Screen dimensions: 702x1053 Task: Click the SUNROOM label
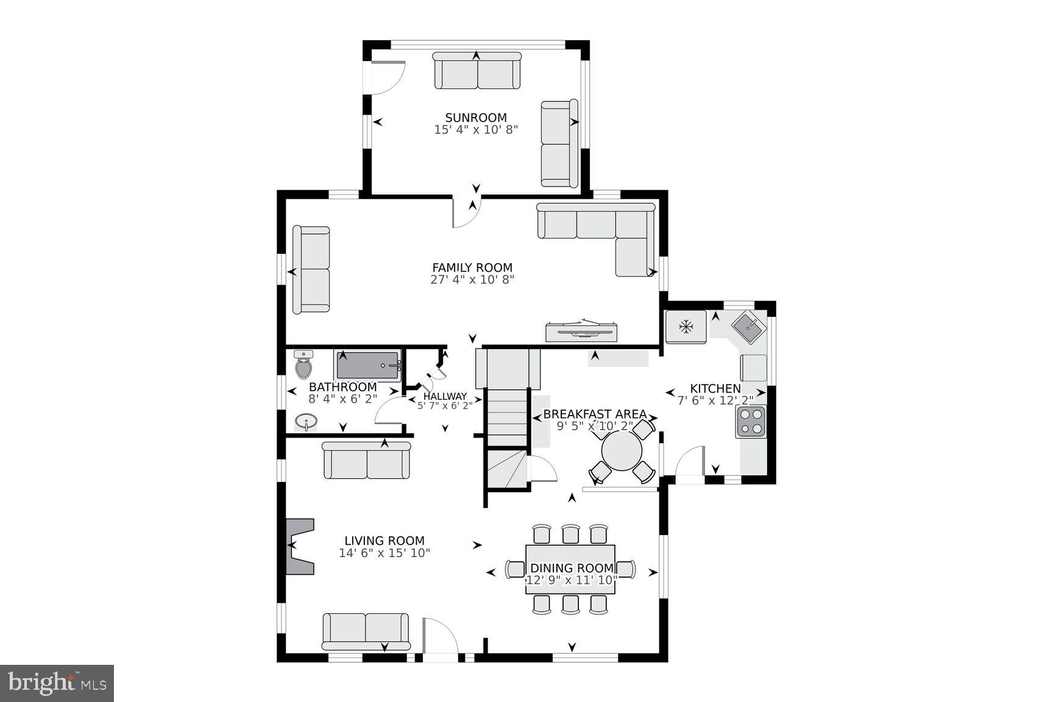pyautogui.click(x=475, y=118)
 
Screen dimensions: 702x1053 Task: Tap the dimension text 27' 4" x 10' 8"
pyautogui.click(x=472, y=280)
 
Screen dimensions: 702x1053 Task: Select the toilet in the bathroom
pyautogui.click(x=303, y=366)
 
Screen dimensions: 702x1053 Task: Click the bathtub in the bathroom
pyautogui.click(x=368, y=366)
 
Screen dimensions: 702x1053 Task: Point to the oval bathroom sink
pyautogui.click(x=307, y=421)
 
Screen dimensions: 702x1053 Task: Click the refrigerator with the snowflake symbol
pyautogui.click(x=686, y=328)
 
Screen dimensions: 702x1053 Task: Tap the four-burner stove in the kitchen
pyautogui.click(x=750, y=422)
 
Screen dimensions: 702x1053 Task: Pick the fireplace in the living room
pyautogui.click(x=300, y=546)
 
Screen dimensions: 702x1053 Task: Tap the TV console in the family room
pyautogui.click(x=583, y=331)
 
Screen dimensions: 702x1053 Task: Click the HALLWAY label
pyautogui.click(x=445, y=396)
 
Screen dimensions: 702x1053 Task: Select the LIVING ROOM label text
pyautogui.click(x=385, y=541)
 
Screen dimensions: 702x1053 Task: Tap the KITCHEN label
pyautogui.click(x=715, y=388)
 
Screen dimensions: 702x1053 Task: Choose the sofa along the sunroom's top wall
pyautogui.click(x=477, y=72)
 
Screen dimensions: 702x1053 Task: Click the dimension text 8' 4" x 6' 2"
pyautogui.click(x=342, y=399)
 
